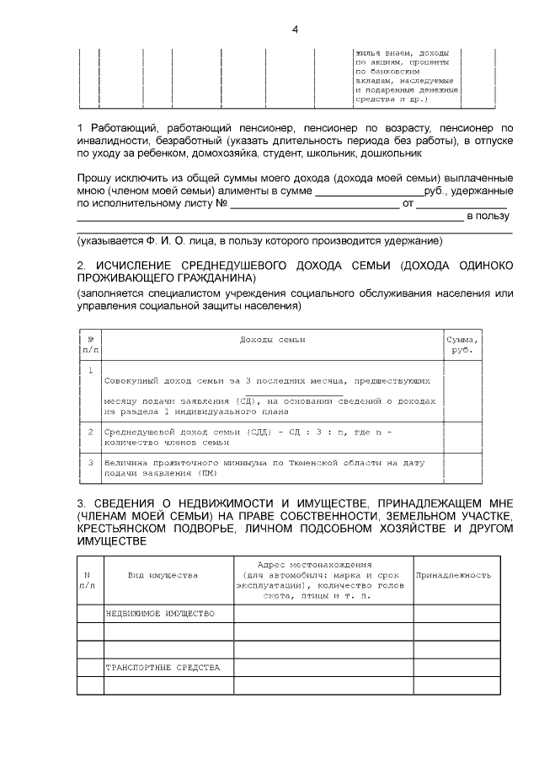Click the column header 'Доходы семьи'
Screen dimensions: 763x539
coord(272,339)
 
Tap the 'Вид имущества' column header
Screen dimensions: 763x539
coord(163,575)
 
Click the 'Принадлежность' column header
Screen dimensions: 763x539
coord(453,575)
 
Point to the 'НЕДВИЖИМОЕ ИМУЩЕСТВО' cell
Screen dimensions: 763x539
coord(160,613)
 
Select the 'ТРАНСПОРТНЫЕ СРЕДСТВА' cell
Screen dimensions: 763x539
coord(163,667)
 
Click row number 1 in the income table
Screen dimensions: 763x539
coord(90,371)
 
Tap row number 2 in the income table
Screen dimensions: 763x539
coord(90,432)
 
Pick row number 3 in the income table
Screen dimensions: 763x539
coord(90,463)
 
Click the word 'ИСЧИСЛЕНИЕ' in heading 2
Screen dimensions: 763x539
coord(140,265)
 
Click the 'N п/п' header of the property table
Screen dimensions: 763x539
coord(88,579)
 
